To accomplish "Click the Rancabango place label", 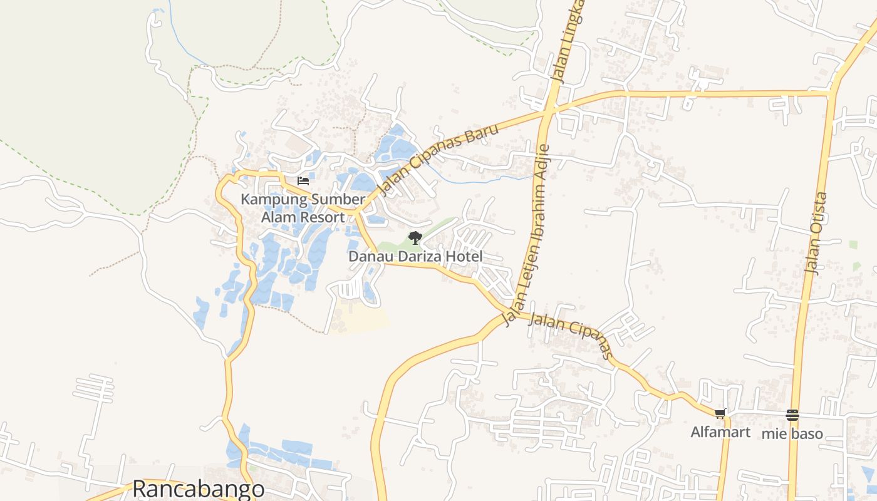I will (198, 489).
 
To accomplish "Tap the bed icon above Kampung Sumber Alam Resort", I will (303, 182).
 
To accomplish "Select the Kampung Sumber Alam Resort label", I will (303, 209).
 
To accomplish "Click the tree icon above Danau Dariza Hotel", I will (415, 237).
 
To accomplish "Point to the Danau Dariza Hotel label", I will (415, 256).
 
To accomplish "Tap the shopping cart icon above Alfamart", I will (720, 413).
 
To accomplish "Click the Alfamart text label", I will (720, 432).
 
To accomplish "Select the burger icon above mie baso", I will (792, 415).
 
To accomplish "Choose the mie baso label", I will (792, 433).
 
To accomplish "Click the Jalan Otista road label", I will (816, 233).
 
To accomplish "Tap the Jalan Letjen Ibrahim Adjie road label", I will (530, 235).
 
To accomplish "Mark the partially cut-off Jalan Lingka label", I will (566, 41).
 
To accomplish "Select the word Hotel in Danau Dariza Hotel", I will (465, 256).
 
